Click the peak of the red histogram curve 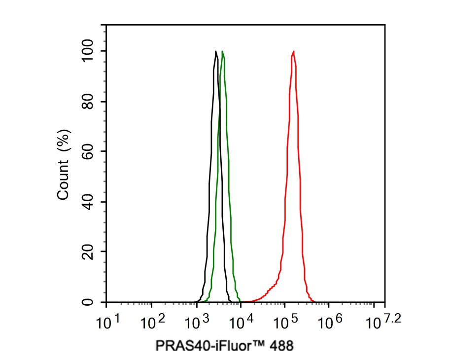[x=294, y=51]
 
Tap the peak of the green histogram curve [x=223, y=51]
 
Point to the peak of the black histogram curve [x=216, y=51]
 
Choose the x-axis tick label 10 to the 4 [x=241, y=323]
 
